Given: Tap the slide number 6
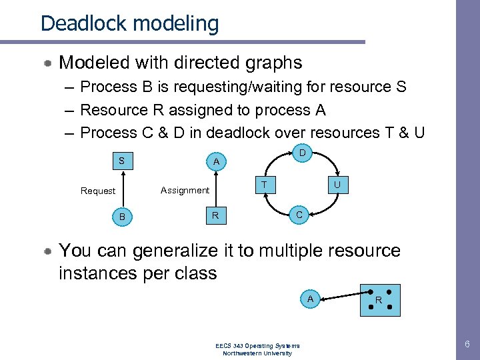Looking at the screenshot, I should point(467,345).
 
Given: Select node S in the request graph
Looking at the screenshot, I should point(121,161).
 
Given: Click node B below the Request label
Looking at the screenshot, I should point(121,217).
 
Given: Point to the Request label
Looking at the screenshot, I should point(98,191).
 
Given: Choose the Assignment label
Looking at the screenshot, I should point(185,190).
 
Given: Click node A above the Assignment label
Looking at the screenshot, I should point(215,161).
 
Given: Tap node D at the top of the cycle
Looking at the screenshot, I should point(302,154).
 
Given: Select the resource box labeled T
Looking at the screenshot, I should point(265,185).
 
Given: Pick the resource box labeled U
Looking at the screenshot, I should point(337,185).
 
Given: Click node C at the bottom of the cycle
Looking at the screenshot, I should point(299,215).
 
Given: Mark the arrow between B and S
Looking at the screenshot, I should point(121,189).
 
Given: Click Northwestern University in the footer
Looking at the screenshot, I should point(257,353).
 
